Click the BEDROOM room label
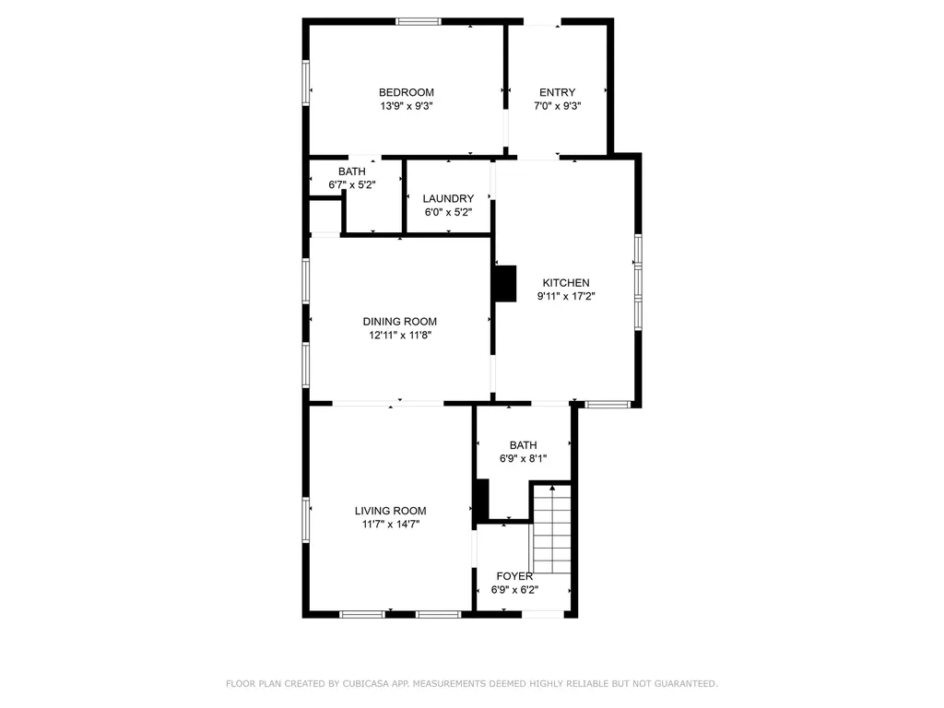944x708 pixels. (x=407, y=92)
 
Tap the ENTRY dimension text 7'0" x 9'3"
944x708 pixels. (x=558, y=106)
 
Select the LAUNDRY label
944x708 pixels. (x=449, y=199)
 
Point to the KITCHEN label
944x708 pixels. (x=566, y=282)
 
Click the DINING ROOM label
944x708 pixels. (x=400, y=322)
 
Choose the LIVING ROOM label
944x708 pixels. (x=391, y=511)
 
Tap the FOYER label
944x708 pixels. (x=514, y=576)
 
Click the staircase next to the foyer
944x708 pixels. (x=551, y=529)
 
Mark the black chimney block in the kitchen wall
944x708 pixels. (x=505, y=284)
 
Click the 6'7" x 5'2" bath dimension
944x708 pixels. (x=352, y=184)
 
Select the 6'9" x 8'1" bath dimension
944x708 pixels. (x=524, y=459)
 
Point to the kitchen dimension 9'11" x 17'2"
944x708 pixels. (x=566, y=296)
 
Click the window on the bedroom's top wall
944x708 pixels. (x=419, y=22)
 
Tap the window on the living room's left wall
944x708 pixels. (x=306, y=520)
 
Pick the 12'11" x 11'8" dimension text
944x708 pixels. (x=400, y=336)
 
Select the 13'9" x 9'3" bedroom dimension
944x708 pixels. (x=407, y=106)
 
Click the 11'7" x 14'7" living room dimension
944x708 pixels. (x=391, y=525)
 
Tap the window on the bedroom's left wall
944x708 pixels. (x=306, y=83)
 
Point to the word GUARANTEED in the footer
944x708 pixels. (x=686, y=683)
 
